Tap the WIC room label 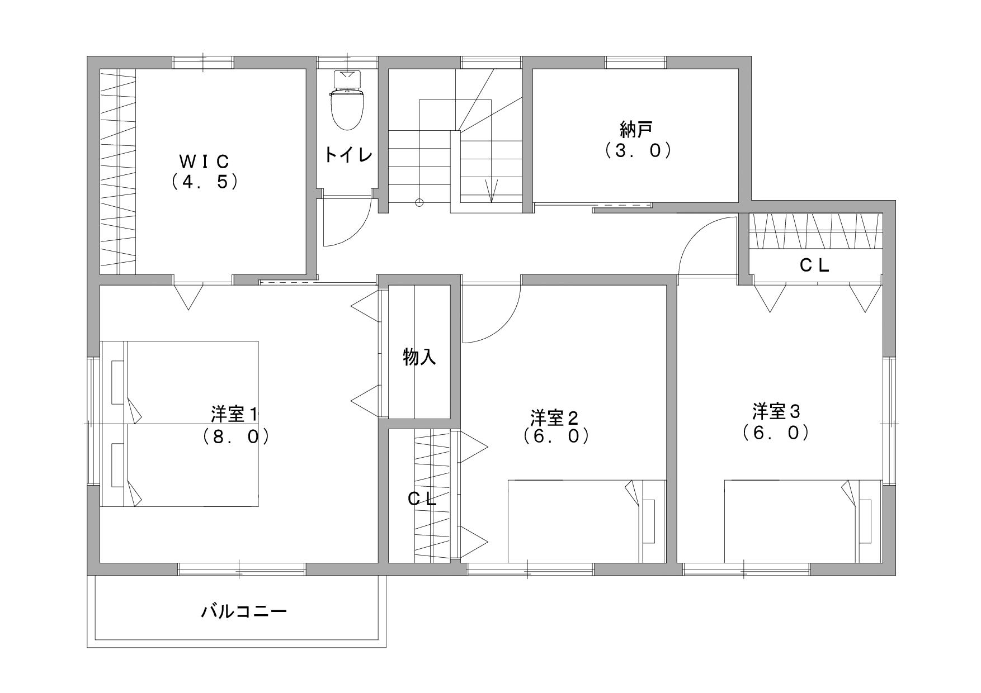click(x=204, y=161)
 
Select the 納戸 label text click(x=636, y=130)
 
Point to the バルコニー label click(x=244, y=611)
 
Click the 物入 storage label click(x=419, y=357)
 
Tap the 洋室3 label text click(x=776, y=412)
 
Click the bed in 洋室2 click(x=587, y=521)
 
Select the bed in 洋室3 click(x=803, y=521)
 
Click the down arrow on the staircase click(x=492, y=191)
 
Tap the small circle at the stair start click(x=419, y=203)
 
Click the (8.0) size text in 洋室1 click(x=237, y=436)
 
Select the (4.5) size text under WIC click(x=205, y=182)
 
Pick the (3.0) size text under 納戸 click(x=638, y=150)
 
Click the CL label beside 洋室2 click(x=422, y=500)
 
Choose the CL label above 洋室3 click(x=814, y=265)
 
